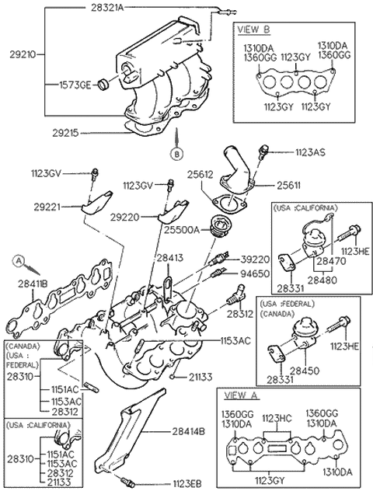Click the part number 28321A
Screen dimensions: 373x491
(107, 7)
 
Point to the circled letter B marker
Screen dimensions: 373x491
(177, 154)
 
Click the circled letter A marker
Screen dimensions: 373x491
(19, 260)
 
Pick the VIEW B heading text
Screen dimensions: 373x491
(253, 29)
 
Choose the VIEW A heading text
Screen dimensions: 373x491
(241, 395)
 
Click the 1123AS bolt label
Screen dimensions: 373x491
(310, 152)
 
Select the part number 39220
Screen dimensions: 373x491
(255, 259)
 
